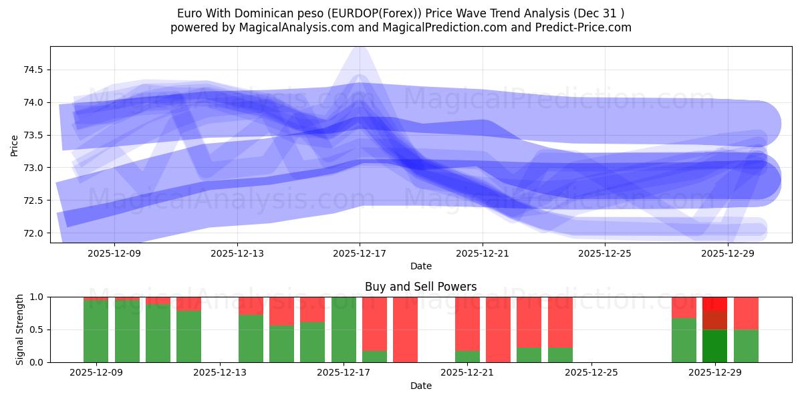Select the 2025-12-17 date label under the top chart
point(360,253)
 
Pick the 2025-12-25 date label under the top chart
point(604,253)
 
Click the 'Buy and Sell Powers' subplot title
point(420,287)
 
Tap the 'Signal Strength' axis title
point(20,329)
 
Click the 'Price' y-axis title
point(15,144)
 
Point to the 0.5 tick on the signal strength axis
point(37,329)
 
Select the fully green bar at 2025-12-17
point(344,329)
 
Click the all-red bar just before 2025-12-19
point(406,329)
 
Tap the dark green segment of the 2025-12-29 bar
point(715,346)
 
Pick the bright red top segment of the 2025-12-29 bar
point(715,303)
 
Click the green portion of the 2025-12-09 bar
point(96,331)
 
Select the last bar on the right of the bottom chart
point(746,329)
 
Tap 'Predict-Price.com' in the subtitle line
point(587,27)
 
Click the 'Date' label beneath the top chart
point(420,266)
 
